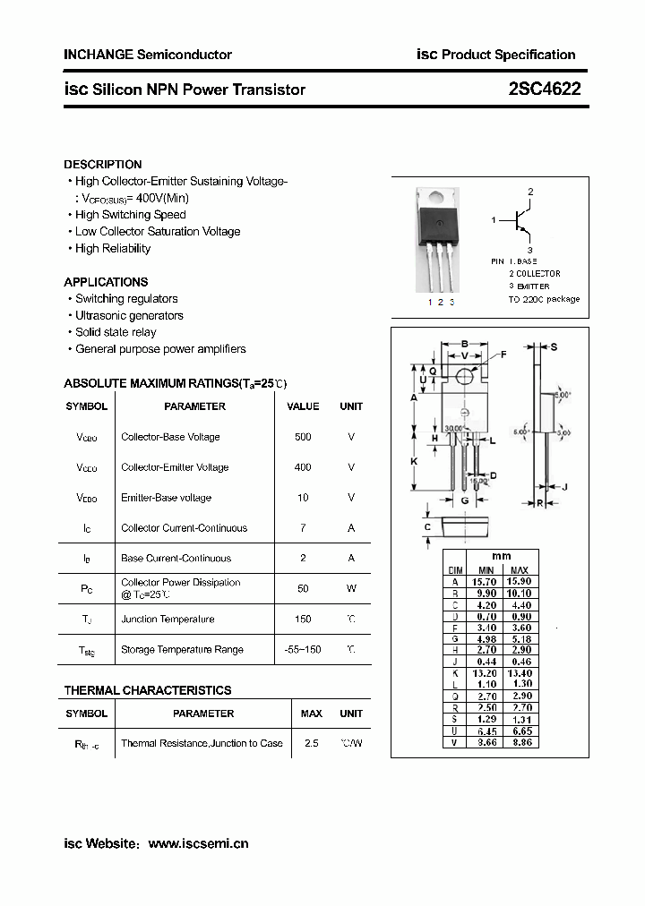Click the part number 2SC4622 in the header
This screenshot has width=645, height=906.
[545, 89]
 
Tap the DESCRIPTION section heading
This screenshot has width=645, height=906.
[103, 165]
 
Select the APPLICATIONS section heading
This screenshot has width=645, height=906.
[106, 282]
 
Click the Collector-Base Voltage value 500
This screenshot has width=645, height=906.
[303, 437]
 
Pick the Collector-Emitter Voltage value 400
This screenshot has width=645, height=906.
[303, 467]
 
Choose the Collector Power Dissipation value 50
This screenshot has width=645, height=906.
[303, 588]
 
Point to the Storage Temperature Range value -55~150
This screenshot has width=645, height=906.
[303, 649]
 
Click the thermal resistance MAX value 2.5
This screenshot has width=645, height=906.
[312, 743]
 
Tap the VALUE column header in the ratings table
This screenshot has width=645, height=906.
[303, 406]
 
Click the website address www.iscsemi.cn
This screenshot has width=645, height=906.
[198, 843]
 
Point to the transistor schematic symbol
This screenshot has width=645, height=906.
[518, 220]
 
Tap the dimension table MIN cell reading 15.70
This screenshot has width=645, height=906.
[486, 581]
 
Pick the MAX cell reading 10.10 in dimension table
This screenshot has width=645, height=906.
[520, 593]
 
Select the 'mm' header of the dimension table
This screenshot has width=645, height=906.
[502, 556]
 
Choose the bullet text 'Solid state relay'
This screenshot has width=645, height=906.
[116, 332]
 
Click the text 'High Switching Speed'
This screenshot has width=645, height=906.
[131, 215]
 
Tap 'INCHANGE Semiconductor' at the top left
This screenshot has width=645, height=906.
[148, 55]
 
